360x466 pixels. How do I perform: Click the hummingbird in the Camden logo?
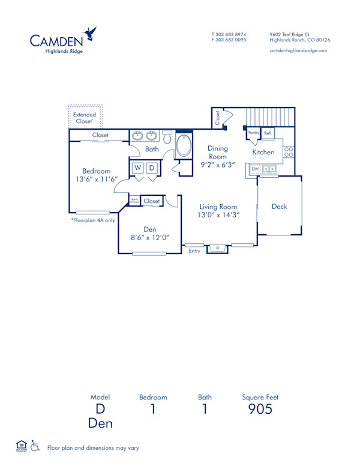[91, 33]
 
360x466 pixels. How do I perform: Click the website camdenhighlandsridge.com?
[298, 51]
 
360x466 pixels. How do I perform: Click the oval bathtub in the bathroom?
[184, 146]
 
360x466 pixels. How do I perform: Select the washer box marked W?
[137, 168]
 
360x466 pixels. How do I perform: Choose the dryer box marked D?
[152, 168]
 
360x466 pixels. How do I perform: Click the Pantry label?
[253, 133]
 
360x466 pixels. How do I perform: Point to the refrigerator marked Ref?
[268, 133]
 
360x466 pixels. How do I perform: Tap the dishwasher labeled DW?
[254, 170]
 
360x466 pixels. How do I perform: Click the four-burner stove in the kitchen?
[289, 152]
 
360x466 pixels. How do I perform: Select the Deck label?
[279, 207]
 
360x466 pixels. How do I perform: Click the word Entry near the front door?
[194, 251]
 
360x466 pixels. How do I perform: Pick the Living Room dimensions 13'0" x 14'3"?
[219, 214]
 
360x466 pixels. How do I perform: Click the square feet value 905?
[260, 410]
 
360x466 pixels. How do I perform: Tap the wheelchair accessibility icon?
[35, 446]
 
